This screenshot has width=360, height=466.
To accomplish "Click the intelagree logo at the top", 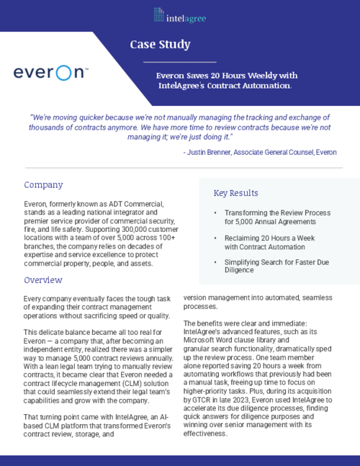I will (x=179, y=13).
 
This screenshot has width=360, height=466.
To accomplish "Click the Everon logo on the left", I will (x=50, y=73).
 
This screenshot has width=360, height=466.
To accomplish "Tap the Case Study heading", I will (x=160, y=45).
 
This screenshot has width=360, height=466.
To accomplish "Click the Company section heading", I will (x=44, y=185).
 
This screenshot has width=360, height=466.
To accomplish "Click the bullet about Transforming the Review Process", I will (x=276, y=218).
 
